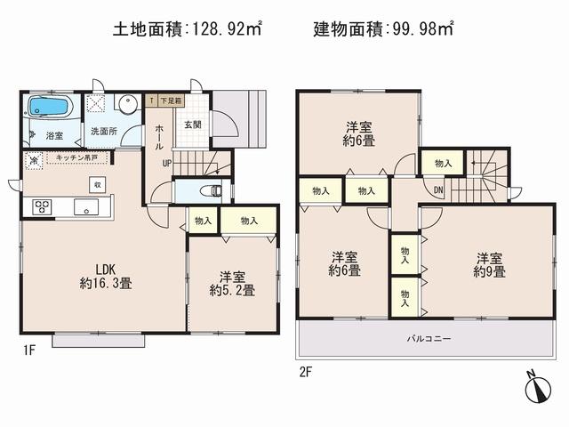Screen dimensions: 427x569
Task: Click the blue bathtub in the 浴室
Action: [50, 108]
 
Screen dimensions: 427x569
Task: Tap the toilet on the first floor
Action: [208, 190]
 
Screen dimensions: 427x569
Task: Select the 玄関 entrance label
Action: [192, 125]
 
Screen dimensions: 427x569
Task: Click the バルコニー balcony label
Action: [429, 339]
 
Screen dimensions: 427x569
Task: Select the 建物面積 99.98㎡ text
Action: [383, 29]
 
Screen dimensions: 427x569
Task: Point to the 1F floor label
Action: [29, 350]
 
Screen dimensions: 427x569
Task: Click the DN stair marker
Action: [438, 189]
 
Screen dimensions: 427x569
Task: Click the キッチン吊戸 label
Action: [75, 157]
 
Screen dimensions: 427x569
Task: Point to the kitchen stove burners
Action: [41, 206]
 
